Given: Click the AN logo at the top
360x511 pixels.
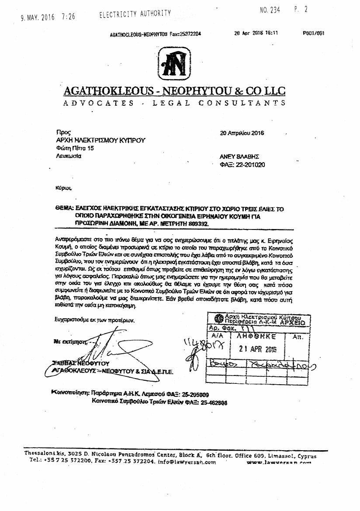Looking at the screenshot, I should [x=175, y=64].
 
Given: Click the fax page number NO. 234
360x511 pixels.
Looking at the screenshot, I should [x=270, y=10].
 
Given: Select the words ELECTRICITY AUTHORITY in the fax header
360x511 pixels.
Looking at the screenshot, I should [x=135, y=14].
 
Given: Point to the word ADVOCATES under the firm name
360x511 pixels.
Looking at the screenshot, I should [x=99, y=103].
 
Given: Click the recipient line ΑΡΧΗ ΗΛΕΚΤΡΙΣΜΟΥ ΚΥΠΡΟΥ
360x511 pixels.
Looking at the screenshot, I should [x=100, y=140].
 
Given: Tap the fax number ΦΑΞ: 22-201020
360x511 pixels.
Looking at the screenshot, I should [x=243, y=165].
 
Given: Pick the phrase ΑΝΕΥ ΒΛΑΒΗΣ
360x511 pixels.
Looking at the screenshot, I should [x=239, y=156].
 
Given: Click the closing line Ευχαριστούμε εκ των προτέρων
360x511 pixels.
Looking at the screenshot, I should [x=95, y=320].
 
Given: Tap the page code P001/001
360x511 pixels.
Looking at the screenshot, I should [x=313, y=33].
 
